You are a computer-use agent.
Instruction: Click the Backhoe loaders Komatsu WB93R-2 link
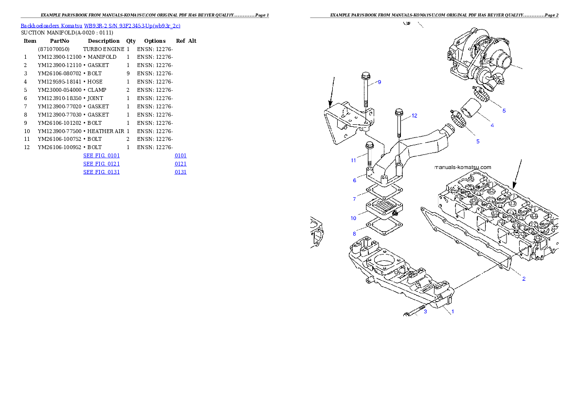click(x=100, y=25)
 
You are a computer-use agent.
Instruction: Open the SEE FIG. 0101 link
click(x=101, y=155)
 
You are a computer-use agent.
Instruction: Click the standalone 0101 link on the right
click(x=180, y=155)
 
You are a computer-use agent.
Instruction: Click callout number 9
click(x=379, y=82)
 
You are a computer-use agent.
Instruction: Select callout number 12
click(x=414, y=116)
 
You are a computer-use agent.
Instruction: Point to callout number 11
click(x=354, y=160)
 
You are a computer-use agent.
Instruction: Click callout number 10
click(x=354, y=218)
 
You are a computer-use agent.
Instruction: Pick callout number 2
click(x=524, y=279)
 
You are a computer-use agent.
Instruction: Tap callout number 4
click(x=492, y=125)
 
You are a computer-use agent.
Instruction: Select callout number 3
click(x=425, y=311)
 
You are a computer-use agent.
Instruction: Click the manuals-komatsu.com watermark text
click(x=463, y=167)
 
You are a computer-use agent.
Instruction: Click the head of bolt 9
click(x=366, y=76)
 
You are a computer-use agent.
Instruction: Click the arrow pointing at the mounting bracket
click(x=332, y=92)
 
